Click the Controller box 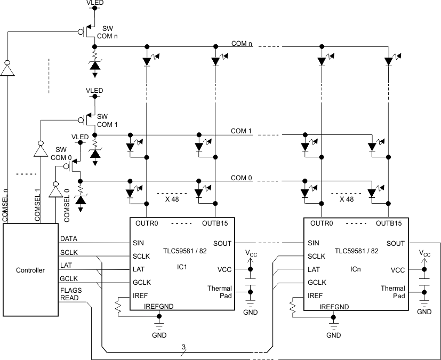30,270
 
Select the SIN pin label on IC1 138,243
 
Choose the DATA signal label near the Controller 69,238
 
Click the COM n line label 242,43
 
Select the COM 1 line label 241,131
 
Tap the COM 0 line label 241,178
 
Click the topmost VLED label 95,3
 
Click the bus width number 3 183,347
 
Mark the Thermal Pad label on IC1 220,292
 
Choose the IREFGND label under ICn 334,307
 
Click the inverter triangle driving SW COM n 7,69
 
